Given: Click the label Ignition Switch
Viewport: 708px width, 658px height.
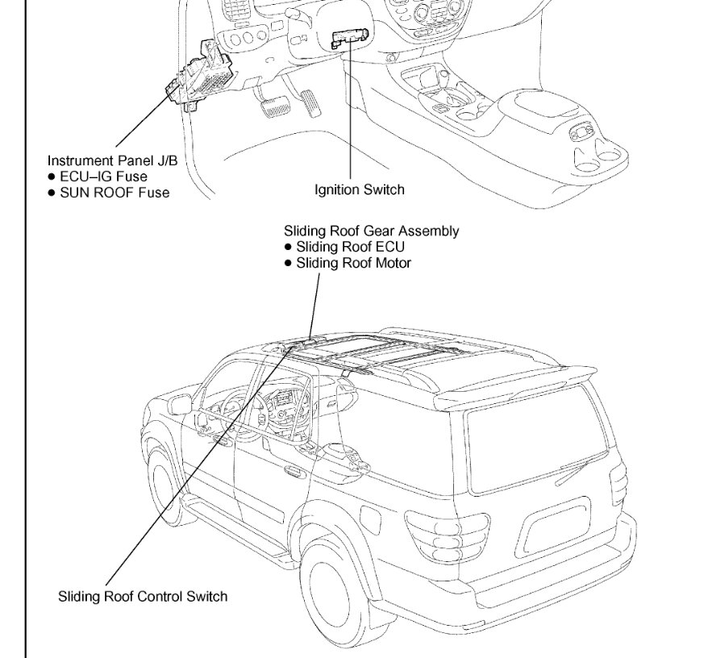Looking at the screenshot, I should click(x=359, y=190).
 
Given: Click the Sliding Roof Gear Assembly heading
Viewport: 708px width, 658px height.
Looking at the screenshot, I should click(x=371, y=231).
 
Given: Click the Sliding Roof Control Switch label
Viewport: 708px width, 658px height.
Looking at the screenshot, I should click(x=143, y=597).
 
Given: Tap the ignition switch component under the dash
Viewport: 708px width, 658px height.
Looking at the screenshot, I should click(x=351, y=38).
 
